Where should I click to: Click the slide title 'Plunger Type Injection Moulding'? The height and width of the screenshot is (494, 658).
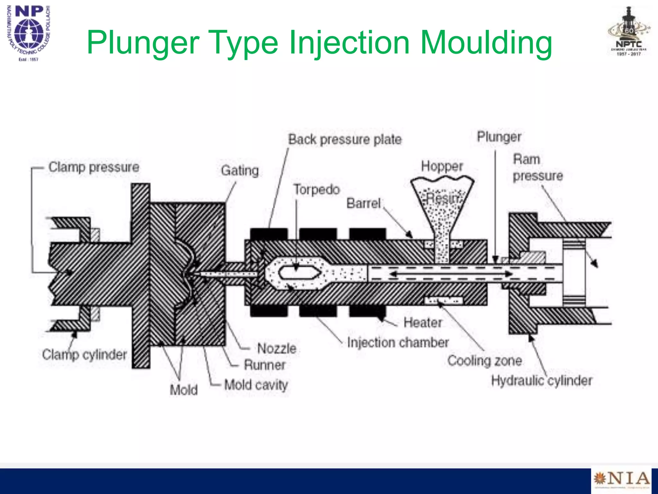click(319, 42)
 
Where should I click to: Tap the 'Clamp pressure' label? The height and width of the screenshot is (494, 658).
click(94, 167)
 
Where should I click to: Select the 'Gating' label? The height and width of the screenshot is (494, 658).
click(240, 170)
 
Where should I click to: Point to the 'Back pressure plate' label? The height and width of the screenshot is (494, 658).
click(345, 140)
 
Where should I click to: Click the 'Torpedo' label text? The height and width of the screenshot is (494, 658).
click(317, 189)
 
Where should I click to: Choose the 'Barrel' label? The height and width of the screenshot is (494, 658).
click(363, 203)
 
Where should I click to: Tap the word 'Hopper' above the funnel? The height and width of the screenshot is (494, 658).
click(442, 166)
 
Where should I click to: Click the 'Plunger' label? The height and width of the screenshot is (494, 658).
click(499, 137)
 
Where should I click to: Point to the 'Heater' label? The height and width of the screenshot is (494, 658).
click(422, 323)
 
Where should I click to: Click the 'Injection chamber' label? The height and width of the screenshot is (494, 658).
click(398, 343)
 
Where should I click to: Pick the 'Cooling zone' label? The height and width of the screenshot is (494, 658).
click(484, 361)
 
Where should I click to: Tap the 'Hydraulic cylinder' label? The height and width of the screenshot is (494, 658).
click(541, 381)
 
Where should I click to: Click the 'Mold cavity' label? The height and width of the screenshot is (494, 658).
click(256, 385)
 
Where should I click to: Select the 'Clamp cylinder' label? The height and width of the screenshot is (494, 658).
click(84, 355)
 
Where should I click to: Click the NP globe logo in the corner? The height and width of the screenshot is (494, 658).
click(29, 32)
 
